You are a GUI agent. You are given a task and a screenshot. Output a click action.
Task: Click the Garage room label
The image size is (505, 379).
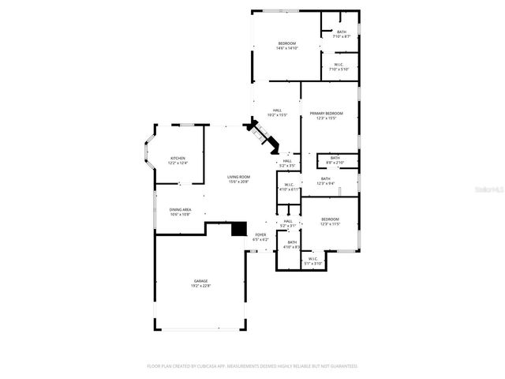click(x=201, y=282)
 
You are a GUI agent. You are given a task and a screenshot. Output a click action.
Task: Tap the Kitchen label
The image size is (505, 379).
click(x=178, y=159)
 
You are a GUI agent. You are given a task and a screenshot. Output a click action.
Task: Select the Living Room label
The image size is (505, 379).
click(x=238, y=177)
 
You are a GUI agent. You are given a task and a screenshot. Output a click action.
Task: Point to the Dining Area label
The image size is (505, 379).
click(x=180, y=209)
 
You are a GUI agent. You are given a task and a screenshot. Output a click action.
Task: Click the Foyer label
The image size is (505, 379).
click(x=260, y=235)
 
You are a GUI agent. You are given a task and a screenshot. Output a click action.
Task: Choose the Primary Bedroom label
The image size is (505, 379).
click(x=326, y=114)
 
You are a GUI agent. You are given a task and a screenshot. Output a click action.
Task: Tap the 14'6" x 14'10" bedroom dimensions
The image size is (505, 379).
click(x=286, y=48)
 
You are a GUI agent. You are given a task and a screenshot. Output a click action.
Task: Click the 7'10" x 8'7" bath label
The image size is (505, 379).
click(x=341, y=32)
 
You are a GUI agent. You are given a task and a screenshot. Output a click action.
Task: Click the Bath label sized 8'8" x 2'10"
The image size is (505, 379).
click(x=335, y=159)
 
